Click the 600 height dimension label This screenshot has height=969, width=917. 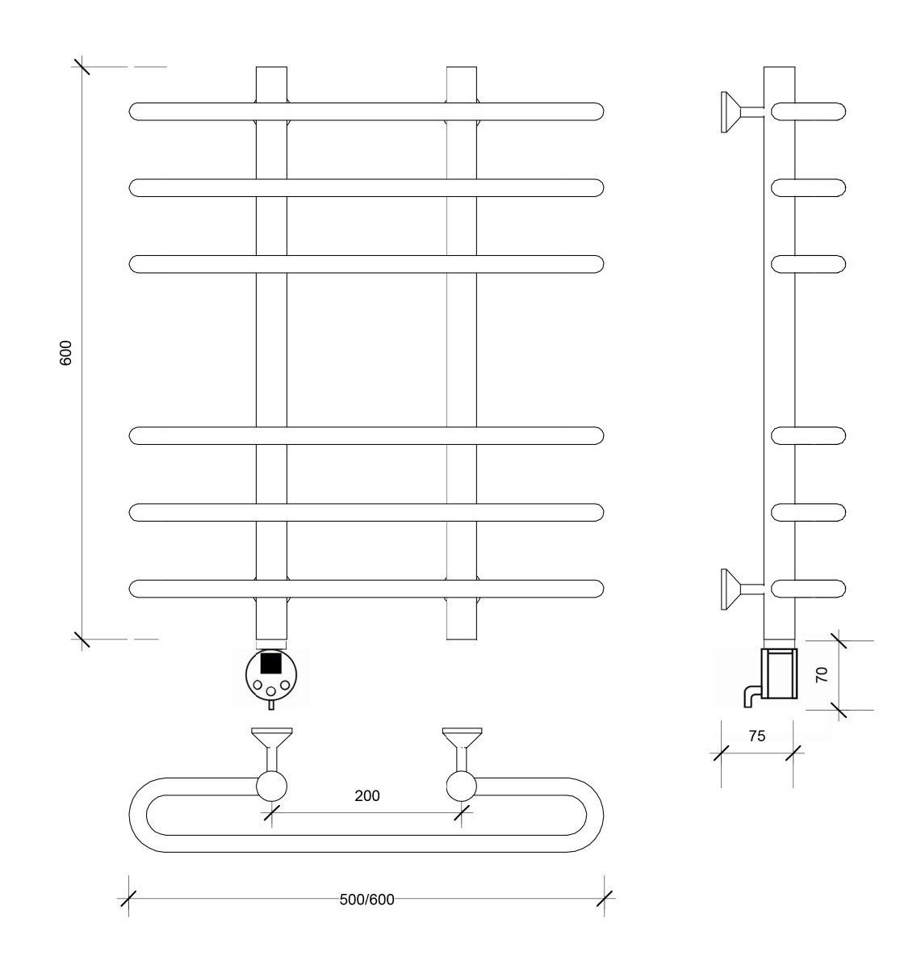(65, 352)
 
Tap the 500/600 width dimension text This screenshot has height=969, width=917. (366, 900)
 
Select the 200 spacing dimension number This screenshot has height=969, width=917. (367, 796)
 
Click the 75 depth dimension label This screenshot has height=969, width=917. (757, 736)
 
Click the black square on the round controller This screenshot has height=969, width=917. (270, 663)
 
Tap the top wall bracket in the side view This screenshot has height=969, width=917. (743, 112)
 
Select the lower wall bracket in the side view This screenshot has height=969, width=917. (743, 589)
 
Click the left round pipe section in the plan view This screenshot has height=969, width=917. (271, 787)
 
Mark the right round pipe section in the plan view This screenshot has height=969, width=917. (462, 787)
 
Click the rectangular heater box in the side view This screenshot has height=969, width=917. (779, 673)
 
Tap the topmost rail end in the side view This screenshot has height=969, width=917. (808, 112)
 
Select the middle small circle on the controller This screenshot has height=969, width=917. (271, 691)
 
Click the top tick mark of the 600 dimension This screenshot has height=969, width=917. (82, 66)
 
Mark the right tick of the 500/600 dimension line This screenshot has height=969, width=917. (604, 899)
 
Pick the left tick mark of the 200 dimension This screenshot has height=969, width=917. (271, 813)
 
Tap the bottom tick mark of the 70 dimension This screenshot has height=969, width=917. (839, 711)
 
